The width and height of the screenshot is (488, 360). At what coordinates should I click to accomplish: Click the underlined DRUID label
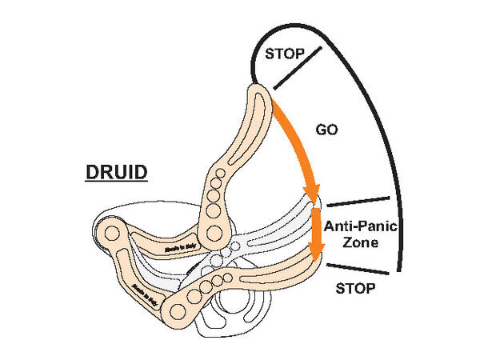(x=115, y=172)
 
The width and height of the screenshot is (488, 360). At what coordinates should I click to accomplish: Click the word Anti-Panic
(x=361, y=226)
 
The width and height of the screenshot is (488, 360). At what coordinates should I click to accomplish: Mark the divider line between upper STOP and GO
(x=298, y=67)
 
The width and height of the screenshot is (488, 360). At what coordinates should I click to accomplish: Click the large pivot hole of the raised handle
(x=214, y=233)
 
